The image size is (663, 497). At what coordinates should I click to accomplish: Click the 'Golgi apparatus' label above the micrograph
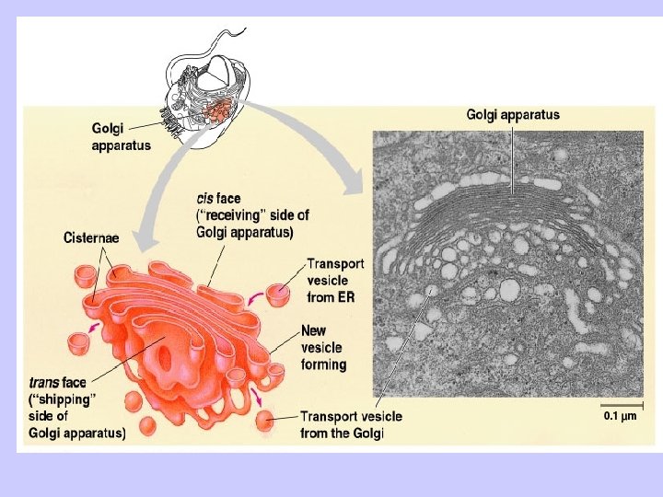pyautogui.click(x=513, y=115)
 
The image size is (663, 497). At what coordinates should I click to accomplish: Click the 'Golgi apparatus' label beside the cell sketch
pyautogui.click(x=122, y=137)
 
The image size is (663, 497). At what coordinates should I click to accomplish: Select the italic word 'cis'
pyautogui.click(x=206, y=197)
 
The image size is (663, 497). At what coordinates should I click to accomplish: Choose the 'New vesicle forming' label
pyautogui.click(x=323, y=348)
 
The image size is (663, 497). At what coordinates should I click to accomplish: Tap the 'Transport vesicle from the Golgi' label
pyautogui.click(x=351, y=424)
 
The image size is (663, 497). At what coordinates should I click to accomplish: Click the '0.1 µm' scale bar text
pyautogui.click(x=621, y=416)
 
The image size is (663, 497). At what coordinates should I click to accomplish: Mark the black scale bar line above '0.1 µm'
pyautogui.click(x=622, y=403)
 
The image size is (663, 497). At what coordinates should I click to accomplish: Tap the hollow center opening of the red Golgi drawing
pyautogui.click(x=169, y=350)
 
